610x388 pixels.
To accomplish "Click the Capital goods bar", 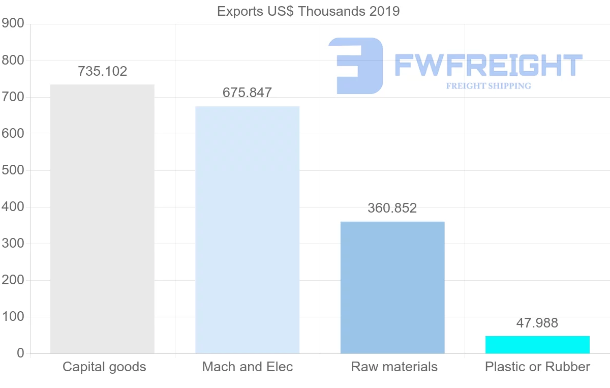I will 102,219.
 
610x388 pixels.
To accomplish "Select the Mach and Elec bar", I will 248,230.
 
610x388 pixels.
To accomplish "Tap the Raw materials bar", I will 392,287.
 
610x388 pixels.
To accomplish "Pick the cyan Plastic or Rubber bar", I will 537,345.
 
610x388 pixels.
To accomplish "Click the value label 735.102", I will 102,72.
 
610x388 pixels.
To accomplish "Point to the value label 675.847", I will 247,93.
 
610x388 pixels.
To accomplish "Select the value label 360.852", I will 392,208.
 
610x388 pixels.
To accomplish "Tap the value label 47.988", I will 537,323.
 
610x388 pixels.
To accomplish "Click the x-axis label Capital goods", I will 104,367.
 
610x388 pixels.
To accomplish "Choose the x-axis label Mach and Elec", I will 248,367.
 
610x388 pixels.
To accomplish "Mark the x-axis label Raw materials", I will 394,367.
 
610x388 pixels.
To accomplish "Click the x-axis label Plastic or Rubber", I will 537,367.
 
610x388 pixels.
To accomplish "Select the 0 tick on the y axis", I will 20,353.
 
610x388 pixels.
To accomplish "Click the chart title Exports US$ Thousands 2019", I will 308,11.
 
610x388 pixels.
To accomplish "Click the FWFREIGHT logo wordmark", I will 488,66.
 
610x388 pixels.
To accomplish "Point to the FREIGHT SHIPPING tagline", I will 488,86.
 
